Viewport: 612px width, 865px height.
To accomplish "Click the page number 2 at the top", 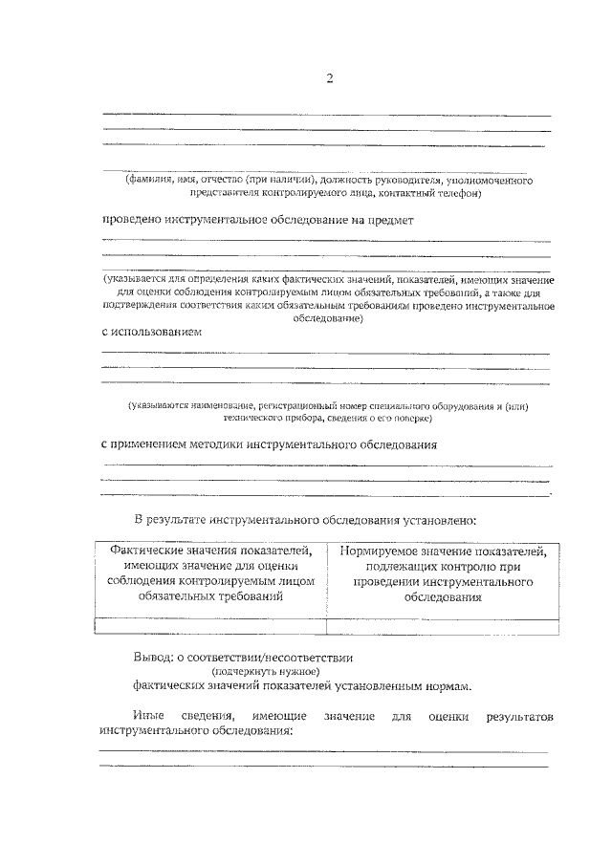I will [329, 78].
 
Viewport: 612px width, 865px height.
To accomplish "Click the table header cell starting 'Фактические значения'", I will [211, 574].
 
